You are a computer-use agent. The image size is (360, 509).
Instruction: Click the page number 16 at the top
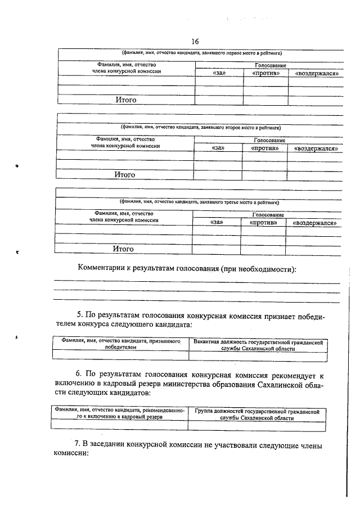[x=195, y=41]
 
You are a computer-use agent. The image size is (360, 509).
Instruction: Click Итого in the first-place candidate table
[x=126, y=100]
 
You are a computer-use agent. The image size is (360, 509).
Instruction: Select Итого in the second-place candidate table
[x=124, y=175]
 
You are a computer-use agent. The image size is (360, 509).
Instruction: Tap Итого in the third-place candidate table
[x=123, y=248]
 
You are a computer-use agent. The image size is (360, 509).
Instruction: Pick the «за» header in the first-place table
[x=219, y=74]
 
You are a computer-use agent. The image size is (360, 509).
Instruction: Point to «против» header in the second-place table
[x=264, y=148]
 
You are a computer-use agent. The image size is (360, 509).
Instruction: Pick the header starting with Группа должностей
[x=256, y=415]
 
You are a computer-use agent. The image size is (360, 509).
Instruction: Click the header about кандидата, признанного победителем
[x=121, y=344]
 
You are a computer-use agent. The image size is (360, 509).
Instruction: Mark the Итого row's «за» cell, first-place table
[x=219, y=100]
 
